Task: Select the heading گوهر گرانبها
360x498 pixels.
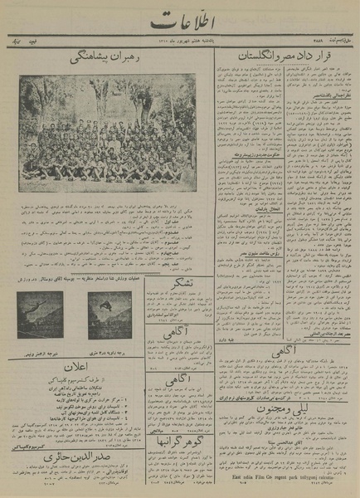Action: (x=178, y=434)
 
